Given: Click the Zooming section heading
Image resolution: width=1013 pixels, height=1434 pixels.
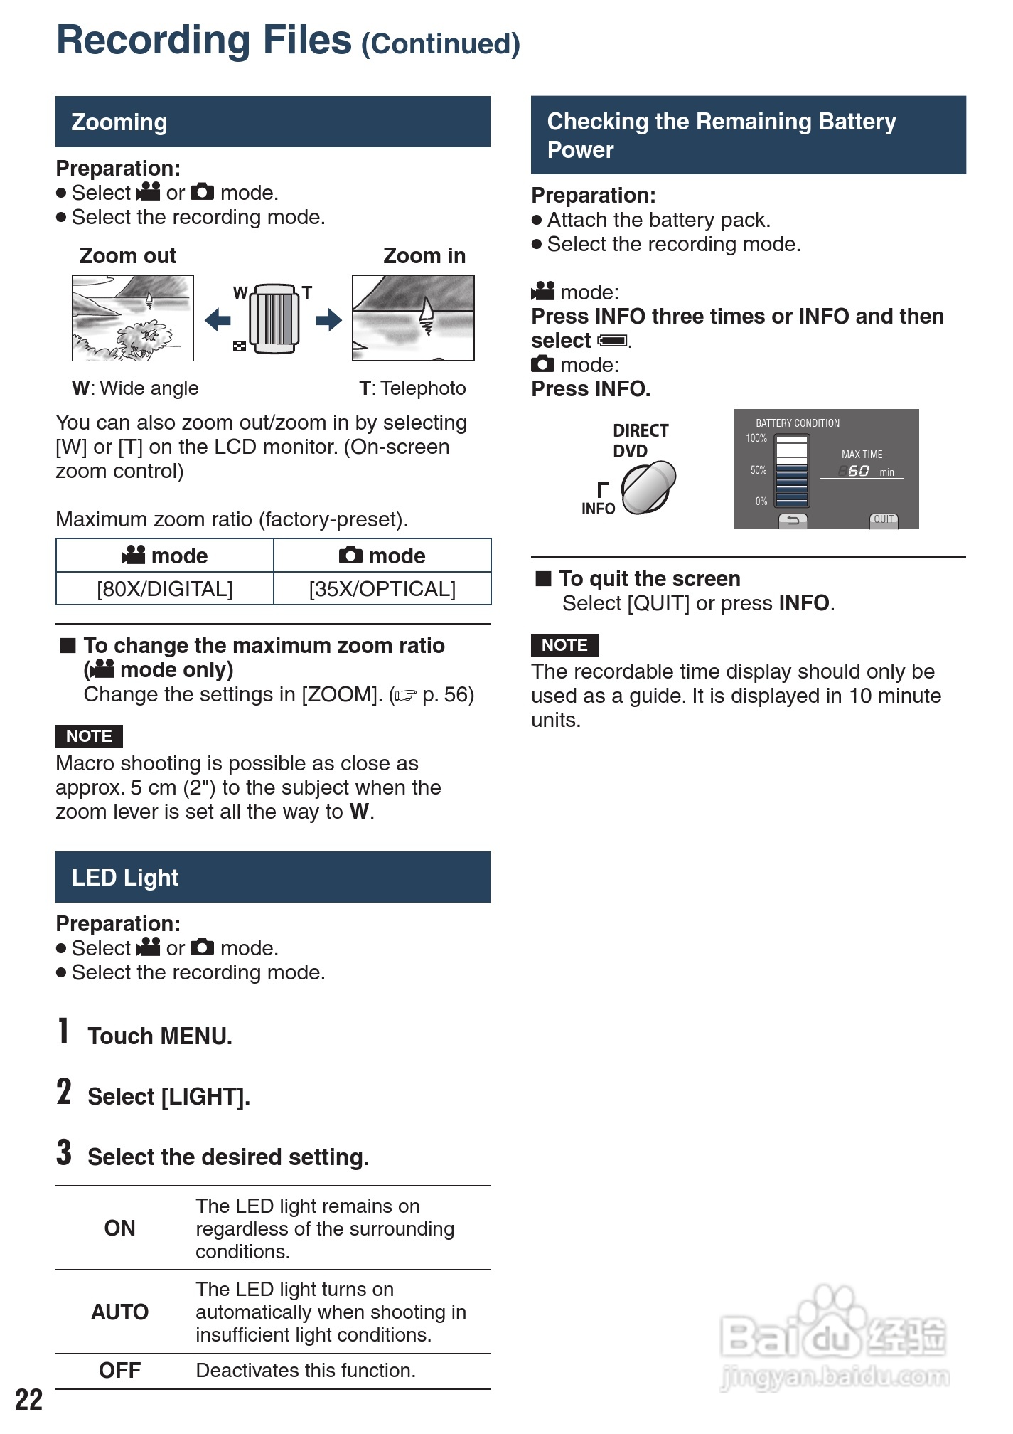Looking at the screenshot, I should [x=119, y=122].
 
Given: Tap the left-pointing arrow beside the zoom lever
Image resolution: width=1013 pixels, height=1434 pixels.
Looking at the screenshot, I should [x=218, y=319].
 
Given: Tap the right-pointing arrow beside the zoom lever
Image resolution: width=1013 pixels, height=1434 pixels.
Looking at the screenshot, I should [x=328, y=319].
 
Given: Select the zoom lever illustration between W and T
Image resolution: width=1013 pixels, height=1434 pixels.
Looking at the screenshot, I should [x=274, y=319].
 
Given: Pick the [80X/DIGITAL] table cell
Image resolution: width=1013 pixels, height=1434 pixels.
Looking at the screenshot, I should [x=165, y=589].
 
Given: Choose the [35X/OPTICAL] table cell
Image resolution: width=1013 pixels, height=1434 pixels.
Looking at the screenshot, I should [x=382, y=589].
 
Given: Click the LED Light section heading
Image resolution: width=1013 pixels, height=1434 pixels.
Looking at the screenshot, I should [x=125, y=878].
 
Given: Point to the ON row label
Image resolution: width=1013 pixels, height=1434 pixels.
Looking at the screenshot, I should [x=119, y=1228].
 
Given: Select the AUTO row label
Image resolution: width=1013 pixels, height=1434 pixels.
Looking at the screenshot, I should [x=119, y=1312].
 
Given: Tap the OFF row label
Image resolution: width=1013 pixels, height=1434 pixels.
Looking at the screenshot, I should [x=119, y=1371].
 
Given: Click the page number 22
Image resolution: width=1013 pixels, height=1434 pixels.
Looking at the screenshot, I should [x=29, y=1400].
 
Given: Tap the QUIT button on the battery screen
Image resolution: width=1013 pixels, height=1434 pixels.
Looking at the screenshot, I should [x=884, y=520].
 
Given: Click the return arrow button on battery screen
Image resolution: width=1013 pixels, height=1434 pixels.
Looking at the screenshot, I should [x=793, y=521].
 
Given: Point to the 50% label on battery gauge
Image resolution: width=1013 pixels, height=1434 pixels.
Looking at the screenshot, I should [x=758, y=470].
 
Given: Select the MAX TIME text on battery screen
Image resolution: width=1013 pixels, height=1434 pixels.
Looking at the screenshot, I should [x=862, y=455].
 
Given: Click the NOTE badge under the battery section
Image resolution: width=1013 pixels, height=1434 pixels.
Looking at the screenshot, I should [x=564, y=645].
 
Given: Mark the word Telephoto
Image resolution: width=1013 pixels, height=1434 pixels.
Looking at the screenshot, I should [x=423, y=388].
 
